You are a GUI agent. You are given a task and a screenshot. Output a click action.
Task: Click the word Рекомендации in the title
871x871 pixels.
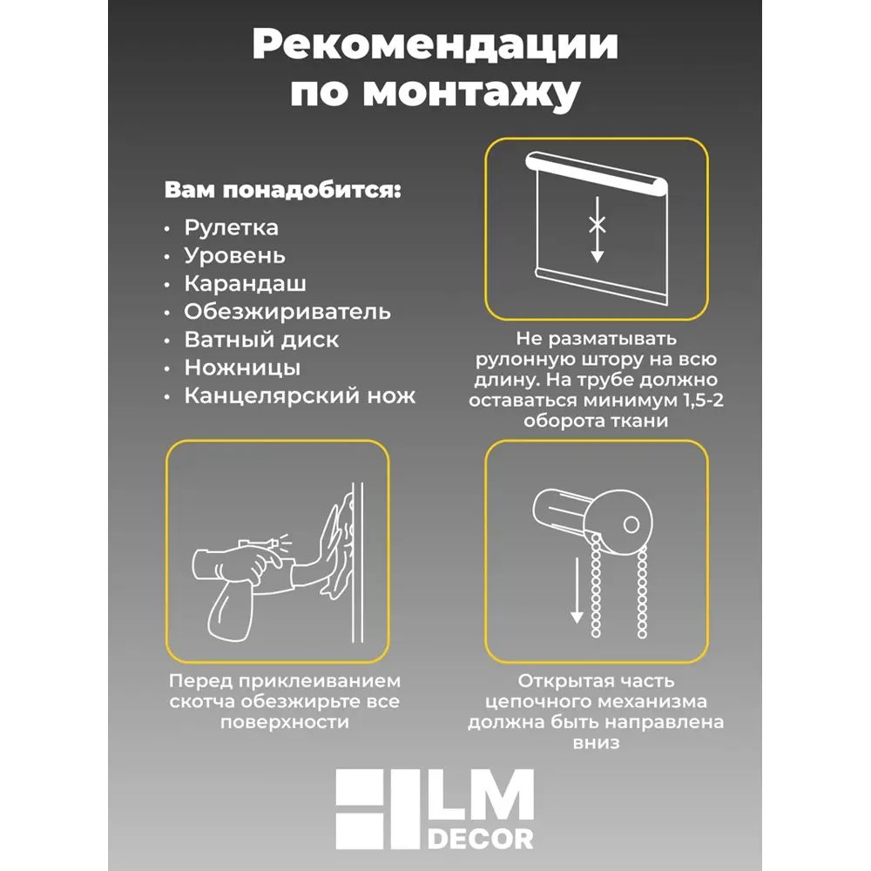pos(435,45)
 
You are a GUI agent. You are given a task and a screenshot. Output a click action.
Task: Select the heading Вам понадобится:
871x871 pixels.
pos(283,190)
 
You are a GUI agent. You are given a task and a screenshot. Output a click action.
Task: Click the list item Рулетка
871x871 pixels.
pos(231,227)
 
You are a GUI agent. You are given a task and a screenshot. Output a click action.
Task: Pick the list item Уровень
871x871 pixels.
pos(234,256)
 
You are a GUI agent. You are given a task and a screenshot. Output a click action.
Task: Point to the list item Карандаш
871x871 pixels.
pos(245,284)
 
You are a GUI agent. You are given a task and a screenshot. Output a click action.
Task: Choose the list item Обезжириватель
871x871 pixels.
pos(287,312)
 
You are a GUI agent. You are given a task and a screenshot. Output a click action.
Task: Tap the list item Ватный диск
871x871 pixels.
pos(261,340)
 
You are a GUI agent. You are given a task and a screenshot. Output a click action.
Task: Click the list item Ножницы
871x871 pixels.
pos(242,368)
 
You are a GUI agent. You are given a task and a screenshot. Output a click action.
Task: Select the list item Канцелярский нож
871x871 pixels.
pos(300,396)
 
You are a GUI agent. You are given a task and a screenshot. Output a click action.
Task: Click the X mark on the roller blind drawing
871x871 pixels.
pos(598,224)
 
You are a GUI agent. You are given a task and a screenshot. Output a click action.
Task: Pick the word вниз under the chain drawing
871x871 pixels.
pos(597,743)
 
